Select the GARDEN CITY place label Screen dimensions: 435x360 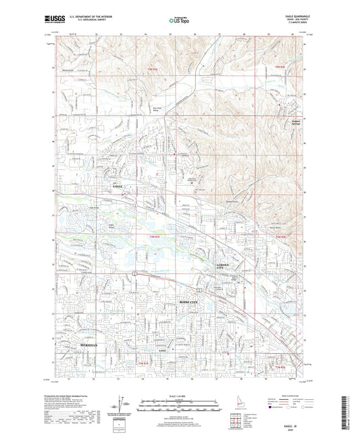pos(224,265)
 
